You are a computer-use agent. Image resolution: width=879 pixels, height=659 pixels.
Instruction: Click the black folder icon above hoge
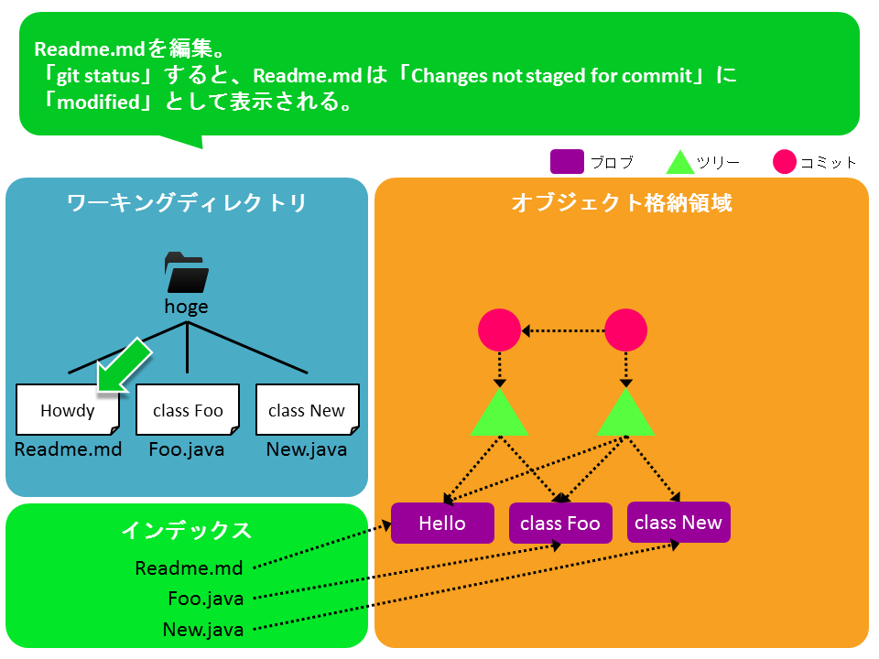click(x=187, y=273)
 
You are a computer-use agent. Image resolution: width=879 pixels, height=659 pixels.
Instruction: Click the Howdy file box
click(x=68, y=410)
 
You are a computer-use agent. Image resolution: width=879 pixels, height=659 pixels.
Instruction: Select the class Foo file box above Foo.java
click(x=188, y=410)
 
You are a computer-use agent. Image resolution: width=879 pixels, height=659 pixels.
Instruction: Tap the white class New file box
click(x=307, y=410)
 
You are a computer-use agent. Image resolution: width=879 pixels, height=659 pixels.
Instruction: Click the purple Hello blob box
click(x=442, y=524)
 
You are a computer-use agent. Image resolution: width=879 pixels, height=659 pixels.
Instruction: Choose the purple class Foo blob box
click(x=559, y=524)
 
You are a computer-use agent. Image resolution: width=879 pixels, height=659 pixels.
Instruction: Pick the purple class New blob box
click(x=678, y=523)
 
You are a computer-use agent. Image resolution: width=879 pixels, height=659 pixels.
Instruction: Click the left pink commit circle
click(x=500, y=330)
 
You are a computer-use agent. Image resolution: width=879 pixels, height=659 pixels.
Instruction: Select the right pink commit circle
click(x=626, y=330)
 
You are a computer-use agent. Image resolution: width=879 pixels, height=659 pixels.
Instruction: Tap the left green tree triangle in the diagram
click(x=500, y=415)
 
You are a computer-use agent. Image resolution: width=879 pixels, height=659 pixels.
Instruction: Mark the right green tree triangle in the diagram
click(x=625, y=415)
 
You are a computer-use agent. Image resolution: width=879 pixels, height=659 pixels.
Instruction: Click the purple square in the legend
click(x=567, y=162)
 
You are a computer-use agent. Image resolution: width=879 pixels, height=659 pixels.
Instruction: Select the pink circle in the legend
click(x=785, y=162)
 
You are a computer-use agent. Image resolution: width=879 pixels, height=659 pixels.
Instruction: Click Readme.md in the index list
click(x=189, y=568)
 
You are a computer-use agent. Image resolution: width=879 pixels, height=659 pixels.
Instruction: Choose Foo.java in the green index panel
click(x=206, y=600)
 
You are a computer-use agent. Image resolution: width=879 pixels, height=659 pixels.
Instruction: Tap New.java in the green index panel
click(x=203, y=630)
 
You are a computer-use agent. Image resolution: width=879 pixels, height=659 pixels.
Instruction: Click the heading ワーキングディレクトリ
click(x=187, y=203)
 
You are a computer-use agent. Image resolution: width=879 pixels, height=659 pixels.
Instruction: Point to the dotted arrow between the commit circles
click(x=563, y=330)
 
